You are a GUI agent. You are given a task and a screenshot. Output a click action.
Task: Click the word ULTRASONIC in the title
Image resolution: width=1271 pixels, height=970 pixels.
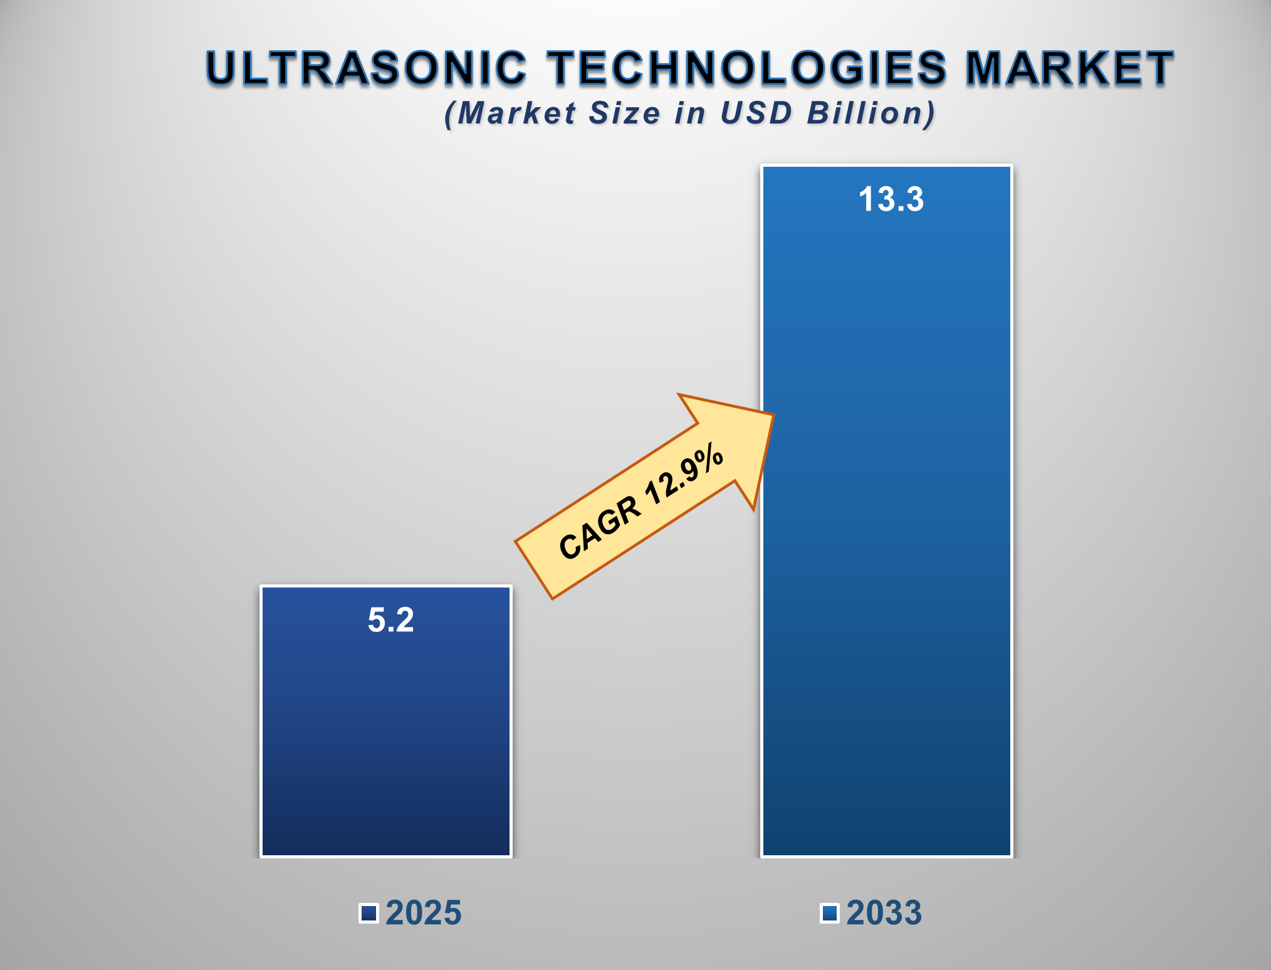[x=367, y=68]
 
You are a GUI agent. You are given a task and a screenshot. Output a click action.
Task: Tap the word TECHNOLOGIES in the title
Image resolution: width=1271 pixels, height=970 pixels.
[x=746, y=68]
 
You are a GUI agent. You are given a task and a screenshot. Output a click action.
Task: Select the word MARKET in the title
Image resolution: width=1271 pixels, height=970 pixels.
[x=1069, y=68]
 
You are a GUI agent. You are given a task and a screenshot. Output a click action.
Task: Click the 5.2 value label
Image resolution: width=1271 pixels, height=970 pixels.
[x=390, y=620]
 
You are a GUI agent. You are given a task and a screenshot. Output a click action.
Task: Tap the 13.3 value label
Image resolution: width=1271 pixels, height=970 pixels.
[x=891, y=199]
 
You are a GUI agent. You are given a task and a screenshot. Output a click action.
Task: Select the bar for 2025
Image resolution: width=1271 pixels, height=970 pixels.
[x=386, y=740]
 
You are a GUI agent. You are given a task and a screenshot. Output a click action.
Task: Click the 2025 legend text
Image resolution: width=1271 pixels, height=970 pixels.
[x=424, y=913]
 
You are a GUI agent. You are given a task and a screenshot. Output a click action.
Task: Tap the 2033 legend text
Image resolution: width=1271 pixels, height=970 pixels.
[x=884, y=913]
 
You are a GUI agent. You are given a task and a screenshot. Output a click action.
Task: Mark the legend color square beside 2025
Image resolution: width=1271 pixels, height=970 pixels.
[x=369, y=914]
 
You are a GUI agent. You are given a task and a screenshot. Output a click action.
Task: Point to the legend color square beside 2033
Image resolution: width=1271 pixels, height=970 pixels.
[x=830, y=914]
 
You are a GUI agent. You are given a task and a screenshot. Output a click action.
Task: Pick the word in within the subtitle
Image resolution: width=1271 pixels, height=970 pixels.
[x=691, y=113]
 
